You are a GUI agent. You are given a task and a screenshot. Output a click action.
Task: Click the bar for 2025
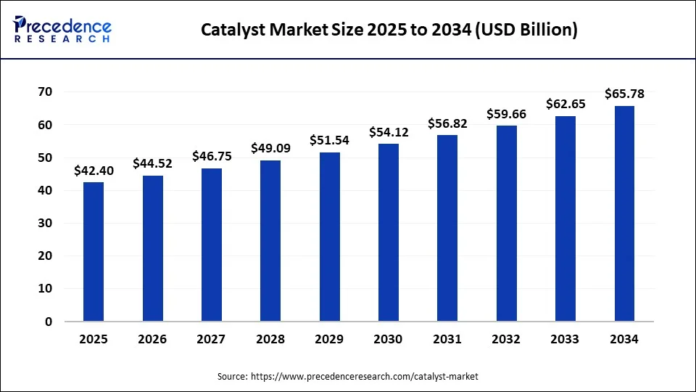pos(94,251)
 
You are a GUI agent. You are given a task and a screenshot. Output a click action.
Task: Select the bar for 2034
pos(624,213)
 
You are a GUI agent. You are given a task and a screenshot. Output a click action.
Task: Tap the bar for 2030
pos(388,232)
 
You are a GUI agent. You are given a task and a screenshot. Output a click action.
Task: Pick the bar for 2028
pos(270,240)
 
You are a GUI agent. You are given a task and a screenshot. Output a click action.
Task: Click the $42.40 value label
pos(94,171)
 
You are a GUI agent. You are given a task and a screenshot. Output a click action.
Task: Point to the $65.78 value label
pos(624,94)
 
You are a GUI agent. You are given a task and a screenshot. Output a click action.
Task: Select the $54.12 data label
pos(388,132)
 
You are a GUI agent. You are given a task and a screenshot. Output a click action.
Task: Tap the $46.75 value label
pos(212,156)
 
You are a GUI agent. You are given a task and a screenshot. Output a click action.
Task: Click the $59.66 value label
pos(506,114)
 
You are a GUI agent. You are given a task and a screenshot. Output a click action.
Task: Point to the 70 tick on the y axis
pos(45,91)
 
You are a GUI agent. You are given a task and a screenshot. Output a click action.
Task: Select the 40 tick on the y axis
pos(45,190)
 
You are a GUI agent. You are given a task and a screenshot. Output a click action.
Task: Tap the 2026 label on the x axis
pos(152,339)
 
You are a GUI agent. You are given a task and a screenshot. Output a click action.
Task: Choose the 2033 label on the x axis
pos(565,339)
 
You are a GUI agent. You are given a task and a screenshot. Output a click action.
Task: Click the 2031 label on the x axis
pos(447,339)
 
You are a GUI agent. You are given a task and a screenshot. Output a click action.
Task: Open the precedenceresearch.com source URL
pos(364,377)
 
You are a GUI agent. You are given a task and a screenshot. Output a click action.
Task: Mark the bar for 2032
pos(506,224)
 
